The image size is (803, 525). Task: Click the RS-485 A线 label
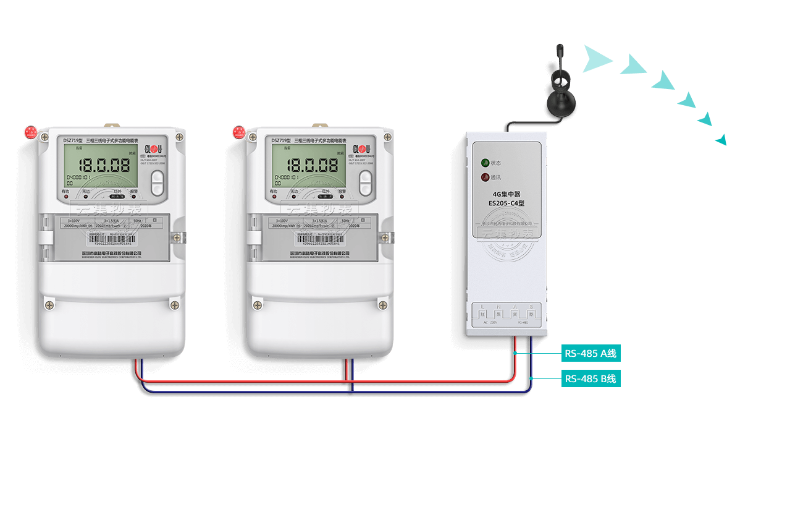click(591, 354)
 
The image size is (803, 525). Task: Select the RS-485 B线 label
click(591, 378)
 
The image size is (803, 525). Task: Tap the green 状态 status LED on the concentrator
click(486, 163)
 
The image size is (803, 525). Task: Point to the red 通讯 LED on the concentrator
click(486, 177)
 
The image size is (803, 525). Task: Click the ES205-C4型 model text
click(506, 202)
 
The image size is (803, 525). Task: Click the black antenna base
click(560, 103)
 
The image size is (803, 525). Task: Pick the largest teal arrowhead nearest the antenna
click(596, 59)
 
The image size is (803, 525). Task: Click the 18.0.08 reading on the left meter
click(103, 166)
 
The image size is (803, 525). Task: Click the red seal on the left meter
click(30, 132)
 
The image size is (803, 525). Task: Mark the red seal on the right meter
click(238, 132)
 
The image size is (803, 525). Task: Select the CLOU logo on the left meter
click(153, 149)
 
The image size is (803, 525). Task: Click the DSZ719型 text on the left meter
click(73, 140)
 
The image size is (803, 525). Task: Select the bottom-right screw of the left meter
click(175, 305)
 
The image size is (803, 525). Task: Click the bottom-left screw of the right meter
click(258, 305)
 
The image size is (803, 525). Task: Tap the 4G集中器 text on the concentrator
click(506, 194)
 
